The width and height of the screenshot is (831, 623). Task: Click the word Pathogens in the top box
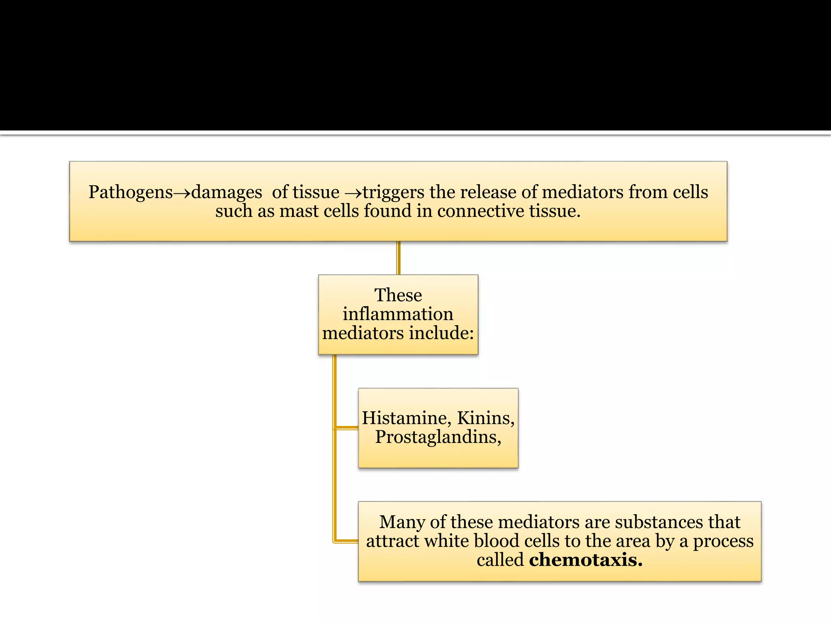point(131,192)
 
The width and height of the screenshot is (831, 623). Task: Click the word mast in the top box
point(299,211)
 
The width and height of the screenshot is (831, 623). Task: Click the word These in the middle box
point(398,295)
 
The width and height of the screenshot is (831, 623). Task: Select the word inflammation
point(398,314)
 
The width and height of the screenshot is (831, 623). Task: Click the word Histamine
point(407,418)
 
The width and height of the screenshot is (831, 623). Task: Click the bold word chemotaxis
point(586,560)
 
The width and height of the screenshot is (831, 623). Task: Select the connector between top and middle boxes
point(398,258)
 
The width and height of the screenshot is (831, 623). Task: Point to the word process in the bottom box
point(723,541)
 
